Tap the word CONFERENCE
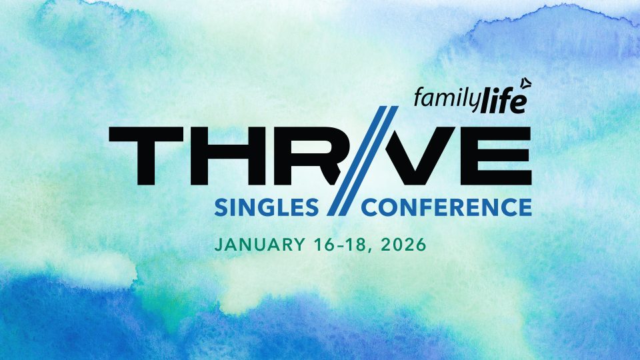point(447,207)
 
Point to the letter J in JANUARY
point(217,245)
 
